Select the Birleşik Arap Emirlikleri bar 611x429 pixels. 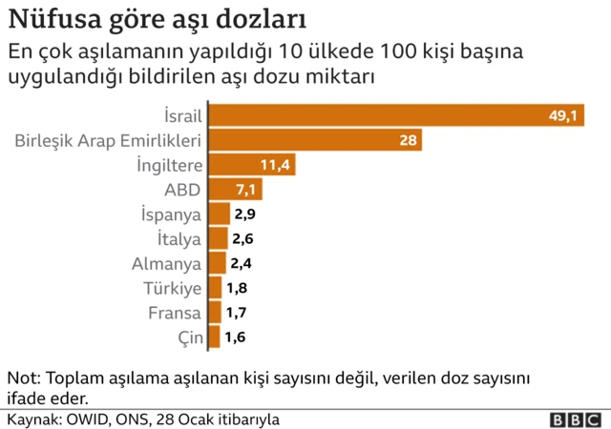point(315,141)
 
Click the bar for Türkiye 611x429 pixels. point(216,288)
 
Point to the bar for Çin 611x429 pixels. point(215,337)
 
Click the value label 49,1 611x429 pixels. point(563,116)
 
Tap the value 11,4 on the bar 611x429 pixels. point(276,165)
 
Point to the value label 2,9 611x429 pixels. point(245,214)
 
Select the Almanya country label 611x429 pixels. point(166,263)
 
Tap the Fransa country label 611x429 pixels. point(174,313)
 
